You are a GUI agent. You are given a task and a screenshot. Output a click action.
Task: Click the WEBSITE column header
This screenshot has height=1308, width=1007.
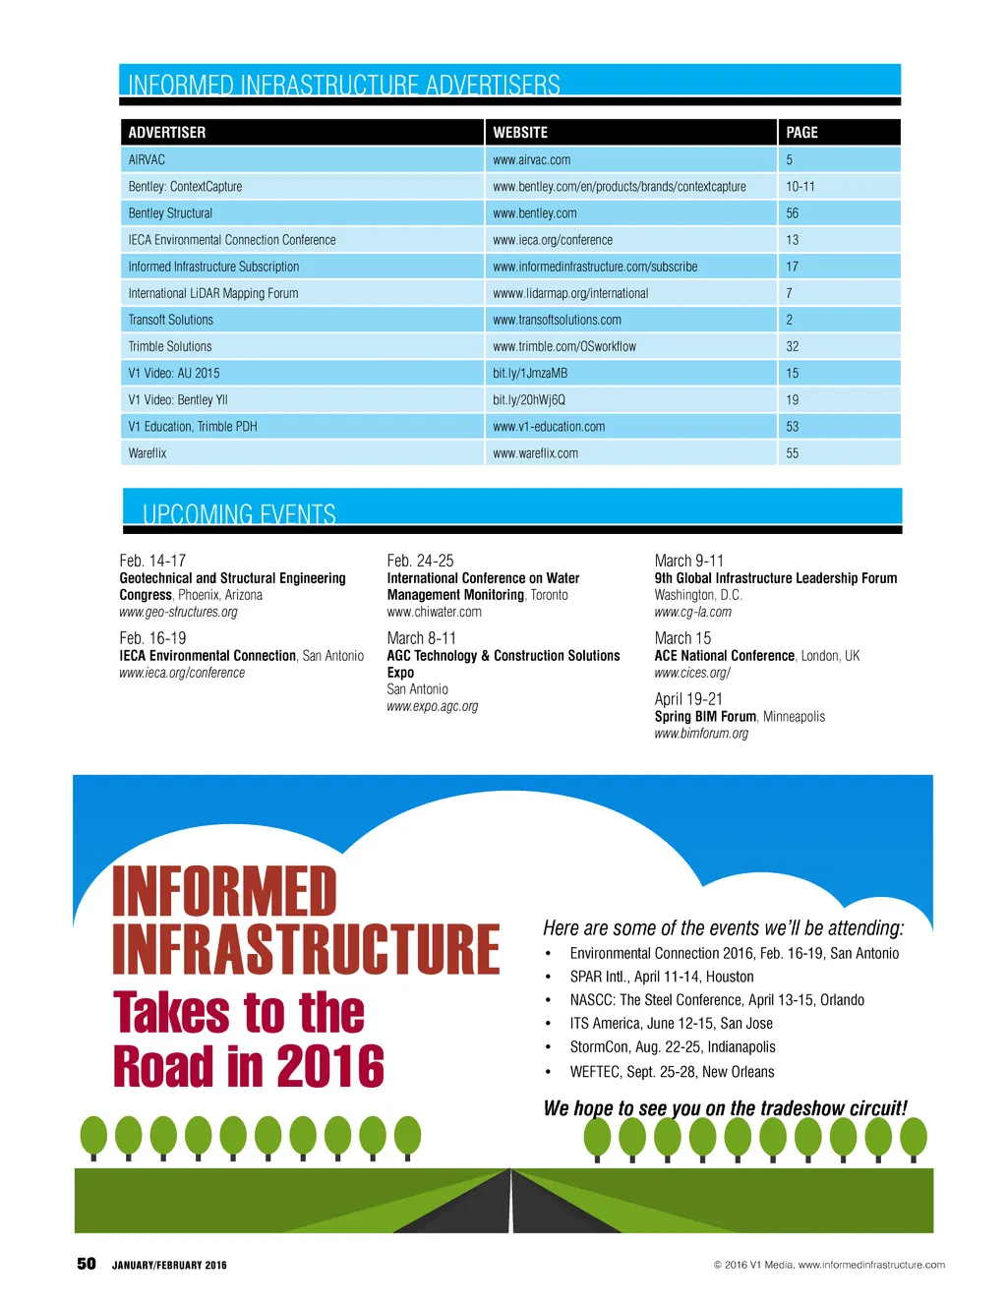point(520,133)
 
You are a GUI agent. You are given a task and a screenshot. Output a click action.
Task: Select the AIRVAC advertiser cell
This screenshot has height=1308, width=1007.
point(147,160)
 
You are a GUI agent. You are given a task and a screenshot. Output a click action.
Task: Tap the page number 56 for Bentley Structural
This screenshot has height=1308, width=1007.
point(792,213)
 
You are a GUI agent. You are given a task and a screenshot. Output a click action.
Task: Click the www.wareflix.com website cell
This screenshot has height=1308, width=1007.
point(535,453)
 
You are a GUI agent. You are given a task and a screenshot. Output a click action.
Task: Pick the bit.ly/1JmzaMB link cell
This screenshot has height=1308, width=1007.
point(530,374)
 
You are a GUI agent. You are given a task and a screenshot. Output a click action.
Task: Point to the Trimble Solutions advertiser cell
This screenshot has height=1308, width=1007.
point(170,347)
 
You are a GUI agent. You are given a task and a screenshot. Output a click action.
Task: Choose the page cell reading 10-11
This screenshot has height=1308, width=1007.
point(800,187)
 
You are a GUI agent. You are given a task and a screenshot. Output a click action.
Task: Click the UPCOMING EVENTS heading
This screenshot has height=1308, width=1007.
point(239,514)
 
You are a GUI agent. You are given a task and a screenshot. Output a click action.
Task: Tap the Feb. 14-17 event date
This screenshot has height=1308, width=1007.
point(152,561)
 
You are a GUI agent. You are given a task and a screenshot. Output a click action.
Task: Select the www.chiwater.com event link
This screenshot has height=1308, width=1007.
point(434,612)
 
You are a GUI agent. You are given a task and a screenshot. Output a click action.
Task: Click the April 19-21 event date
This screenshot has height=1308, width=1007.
point(688,699)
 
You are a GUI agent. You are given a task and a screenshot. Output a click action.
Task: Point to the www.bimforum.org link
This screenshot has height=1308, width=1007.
point(701,734)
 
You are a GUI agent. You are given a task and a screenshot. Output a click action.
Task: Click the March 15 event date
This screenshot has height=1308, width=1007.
point(682,638)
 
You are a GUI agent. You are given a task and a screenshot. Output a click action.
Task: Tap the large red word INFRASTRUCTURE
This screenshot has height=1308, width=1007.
point(306,949)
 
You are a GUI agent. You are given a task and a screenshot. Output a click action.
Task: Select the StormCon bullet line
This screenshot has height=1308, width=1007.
point(673,1047)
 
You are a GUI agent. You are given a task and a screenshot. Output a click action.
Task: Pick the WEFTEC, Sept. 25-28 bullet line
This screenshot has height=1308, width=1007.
point(672,1072)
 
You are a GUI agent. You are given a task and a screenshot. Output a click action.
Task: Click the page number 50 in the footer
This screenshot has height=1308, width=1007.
point(87,1264)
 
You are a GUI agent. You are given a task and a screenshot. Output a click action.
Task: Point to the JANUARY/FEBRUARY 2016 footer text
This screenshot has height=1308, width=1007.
point(169,1266)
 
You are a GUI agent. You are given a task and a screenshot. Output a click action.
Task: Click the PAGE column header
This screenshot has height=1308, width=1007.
point(801,133)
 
